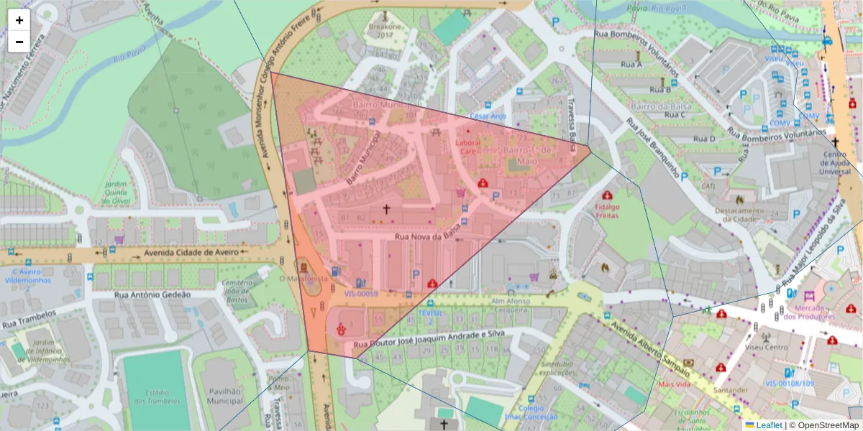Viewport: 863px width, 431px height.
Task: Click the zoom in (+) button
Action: tap(19, 20)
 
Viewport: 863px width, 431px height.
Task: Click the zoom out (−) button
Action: tap(19, 42)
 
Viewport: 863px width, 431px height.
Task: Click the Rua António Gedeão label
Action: tap(153, 295)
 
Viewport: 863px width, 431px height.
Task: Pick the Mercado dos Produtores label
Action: tap(809, 311)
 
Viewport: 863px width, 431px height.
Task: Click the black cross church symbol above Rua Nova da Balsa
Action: tap(386, 209)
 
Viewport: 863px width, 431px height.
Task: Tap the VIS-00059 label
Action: tap(360, 293)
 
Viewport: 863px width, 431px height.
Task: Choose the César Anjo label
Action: tap(488, 116)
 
